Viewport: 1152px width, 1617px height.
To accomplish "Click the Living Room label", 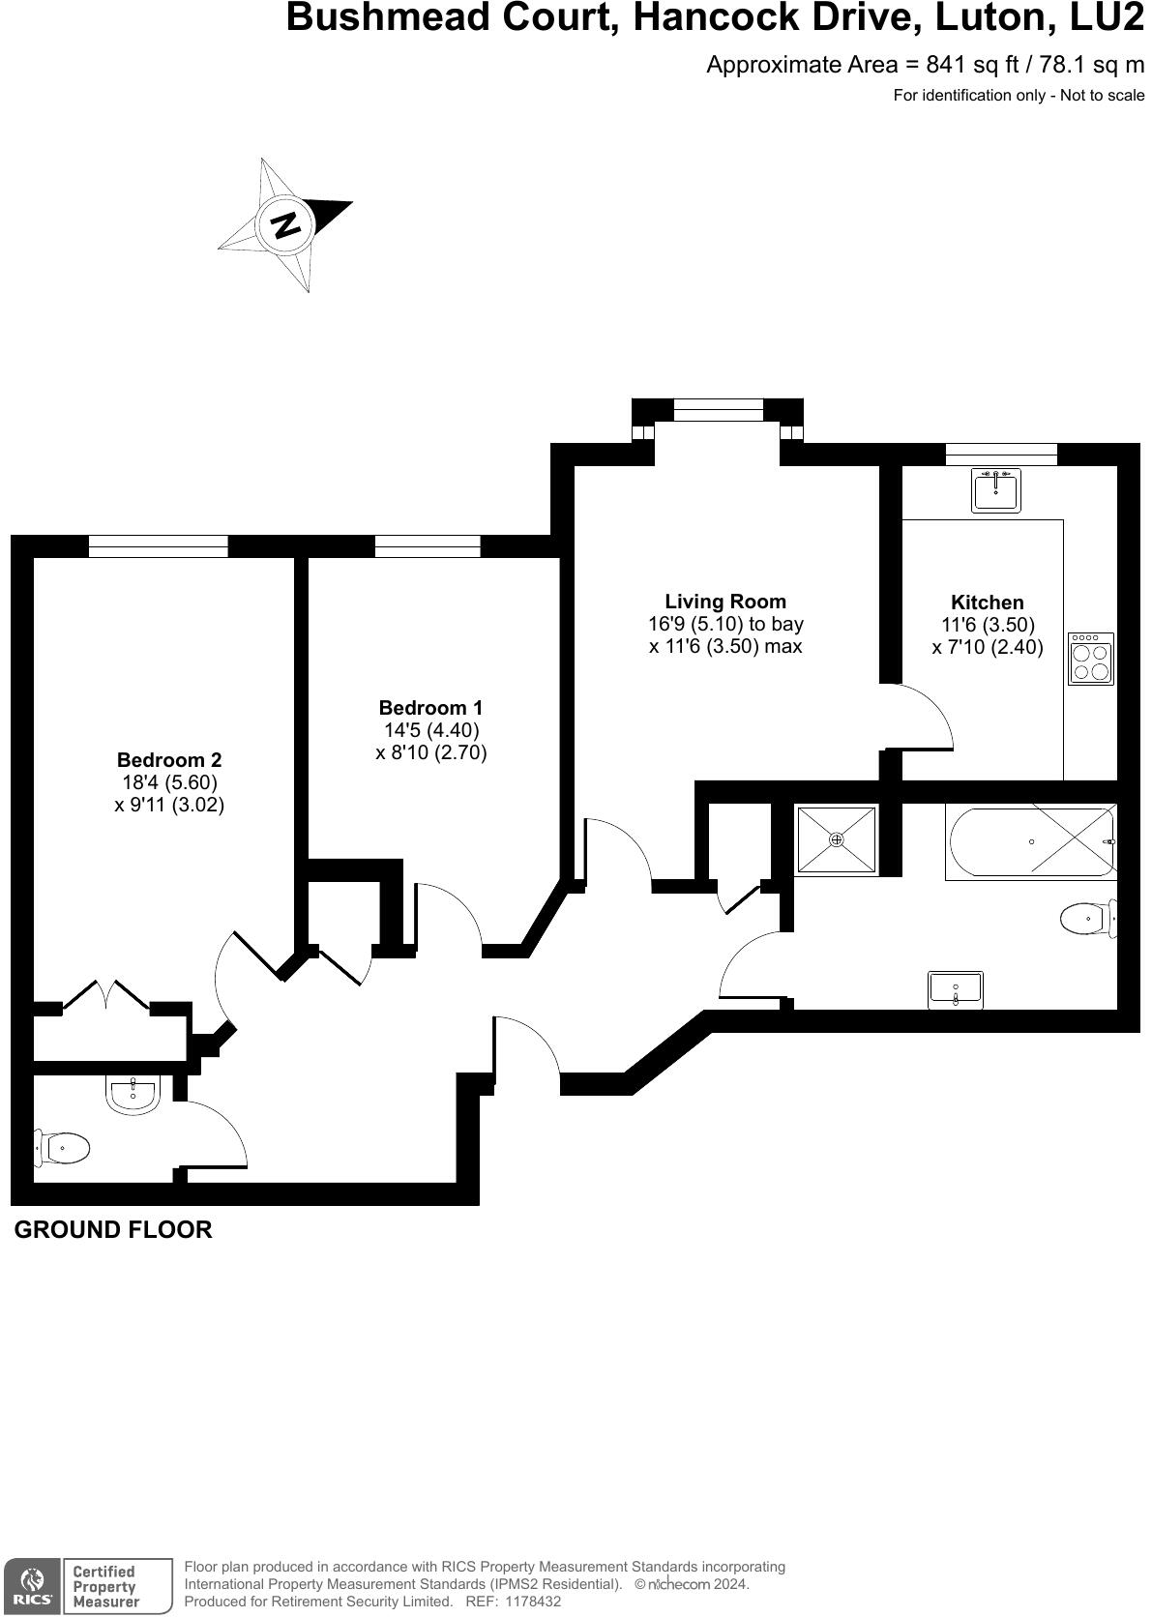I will point(725,602).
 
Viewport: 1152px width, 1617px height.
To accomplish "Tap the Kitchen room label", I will point(987,603).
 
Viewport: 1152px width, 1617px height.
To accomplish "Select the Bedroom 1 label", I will point(430,708).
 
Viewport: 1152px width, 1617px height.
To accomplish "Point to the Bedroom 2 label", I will point(169,760).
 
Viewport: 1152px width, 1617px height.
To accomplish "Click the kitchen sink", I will point(995,490).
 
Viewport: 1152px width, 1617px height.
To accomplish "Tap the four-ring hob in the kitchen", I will point(1091,660).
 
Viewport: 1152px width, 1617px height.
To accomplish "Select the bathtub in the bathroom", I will point(1031,841).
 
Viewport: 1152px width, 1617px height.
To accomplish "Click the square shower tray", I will point(836,840).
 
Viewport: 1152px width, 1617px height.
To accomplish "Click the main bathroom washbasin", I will point(955,990).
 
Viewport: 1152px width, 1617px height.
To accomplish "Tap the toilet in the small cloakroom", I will point(64,1148).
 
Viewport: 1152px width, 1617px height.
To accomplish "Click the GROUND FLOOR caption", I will point(113,1229).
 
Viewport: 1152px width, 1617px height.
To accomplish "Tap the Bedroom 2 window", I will point(158,546).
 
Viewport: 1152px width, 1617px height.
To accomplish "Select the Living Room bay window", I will point(718,410).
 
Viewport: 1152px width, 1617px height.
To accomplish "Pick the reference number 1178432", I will point(525,1602).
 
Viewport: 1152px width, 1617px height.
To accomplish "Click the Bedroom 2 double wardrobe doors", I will point(106,996).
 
